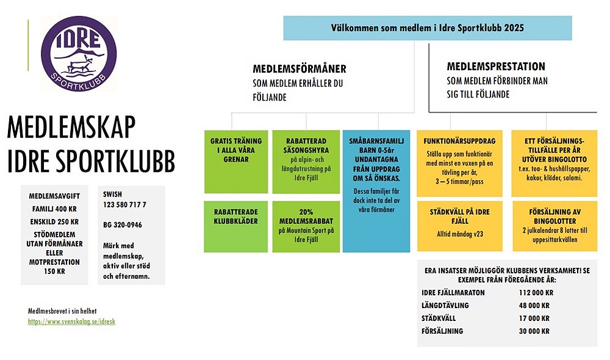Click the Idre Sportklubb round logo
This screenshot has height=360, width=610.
[x=78, y=52]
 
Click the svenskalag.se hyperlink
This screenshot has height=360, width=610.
[x=71, y=321]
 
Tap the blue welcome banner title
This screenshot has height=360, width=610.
[x=427, y=28]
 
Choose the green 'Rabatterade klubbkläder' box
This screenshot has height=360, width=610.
[x=235, y=226]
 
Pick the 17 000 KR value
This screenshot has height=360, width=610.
[x=532, y=319]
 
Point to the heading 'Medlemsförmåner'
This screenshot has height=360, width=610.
[x=300, y=68]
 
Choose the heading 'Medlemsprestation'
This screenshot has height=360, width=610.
[x=496, y=67]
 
